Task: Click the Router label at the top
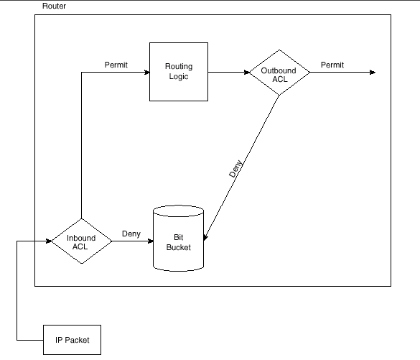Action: tap(54, 6)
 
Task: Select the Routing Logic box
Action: tap(179, 72)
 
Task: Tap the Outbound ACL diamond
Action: tap(279, 73)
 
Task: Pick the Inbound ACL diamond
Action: tap(82, 241)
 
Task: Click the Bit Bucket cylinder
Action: tap(178, 239)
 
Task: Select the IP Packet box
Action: tap(72, 340)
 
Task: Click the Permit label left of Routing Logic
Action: tap(116, 65)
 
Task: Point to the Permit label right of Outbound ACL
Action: tap(332, 65)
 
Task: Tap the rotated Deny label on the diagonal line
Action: tap(235, 169)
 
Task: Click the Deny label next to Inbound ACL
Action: tap(131, 234)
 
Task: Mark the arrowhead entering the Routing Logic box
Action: tap(146, 72)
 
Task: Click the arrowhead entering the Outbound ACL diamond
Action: tap(247, 72)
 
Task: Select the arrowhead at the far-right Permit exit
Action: tap(373, 72)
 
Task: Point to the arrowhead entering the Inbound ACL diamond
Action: tap(49, 241)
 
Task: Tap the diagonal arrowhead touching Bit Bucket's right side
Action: tap(205, 238)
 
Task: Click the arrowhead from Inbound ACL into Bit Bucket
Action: tap(151, 241)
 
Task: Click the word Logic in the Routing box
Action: tap(179, 77)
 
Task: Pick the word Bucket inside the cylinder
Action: tap(178, 247)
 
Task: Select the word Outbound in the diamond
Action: tap(279, 70)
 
